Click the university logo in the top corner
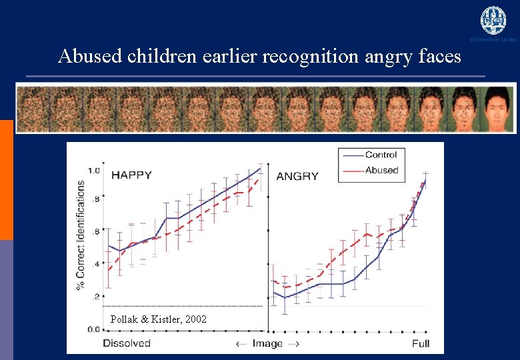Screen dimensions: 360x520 (493, 21)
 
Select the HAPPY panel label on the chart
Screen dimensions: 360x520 (131, 175)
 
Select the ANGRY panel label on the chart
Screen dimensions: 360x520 (297, 176)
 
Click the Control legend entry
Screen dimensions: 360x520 (381, 155)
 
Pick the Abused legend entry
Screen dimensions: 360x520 (381, 170)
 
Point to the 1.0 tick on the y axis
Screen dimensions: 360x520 (94, 171)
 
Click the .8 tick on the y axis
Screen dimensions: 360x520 (96, 199)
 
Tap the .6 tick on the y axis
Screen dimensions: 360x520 (96, 231)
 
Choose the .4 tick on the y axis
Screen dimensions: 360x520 (96, 264)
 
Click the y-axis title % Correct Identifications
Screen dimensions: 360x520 (81, 235)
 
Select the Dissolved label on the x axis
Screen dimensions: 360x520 (127, 343)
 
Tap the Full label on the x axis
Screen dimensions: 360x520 (420, 343)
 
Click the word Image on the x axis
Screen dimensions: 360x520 (267, 343)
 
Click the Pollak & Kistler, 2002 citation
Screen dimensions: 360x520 (158, 320)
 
